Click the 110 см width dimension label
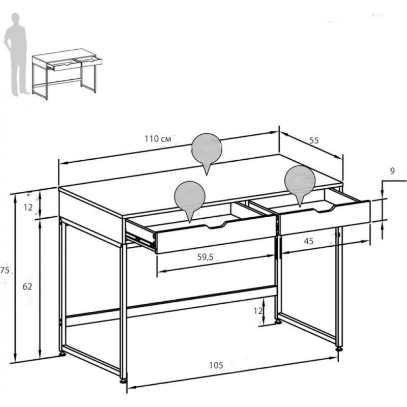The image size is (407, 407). [158, 139]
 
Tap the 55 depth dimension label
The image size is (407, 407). [314, 140]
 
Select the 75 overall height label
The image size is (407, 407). [5, 271]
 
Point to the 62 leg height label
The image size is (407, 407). [27, 286]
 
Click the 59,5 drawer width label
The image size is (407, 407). [205, 257]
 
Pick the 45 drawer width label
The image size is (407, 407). [308, 241]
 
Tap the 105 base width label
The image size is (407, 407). [216, 365]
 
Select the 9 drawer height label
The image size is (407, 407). [392, 171]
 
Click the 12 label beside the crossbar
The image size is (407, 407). [258, 311]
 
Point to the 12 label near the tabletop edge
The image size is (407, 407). [28, 208]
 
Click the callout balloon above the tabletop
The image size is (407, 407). [207, 151]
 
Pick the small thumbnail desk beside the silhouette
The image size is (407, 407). [67, 74]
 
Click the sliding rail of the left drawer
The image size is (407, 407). [140, 239]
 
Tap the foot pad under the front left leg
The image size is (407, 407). [123, 381]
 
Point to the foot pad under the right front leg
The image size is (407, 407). [339, 350]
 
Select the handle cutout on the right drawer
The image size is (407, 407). [325, 209]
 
